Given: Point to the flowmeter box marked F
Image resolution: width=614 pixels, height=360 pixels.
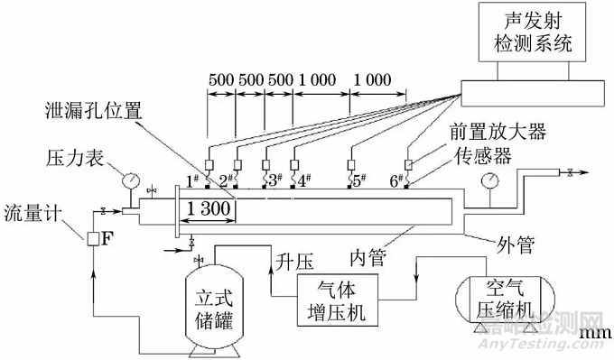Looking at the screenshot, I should click(x=93, y=239).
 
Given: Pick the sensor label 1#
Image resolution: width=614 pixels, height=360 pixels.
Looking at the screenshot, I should click(x=191, y=180).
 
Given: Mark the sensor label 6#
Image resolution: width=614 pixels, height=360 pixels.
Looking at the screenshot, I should click(x=395, y=180).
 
